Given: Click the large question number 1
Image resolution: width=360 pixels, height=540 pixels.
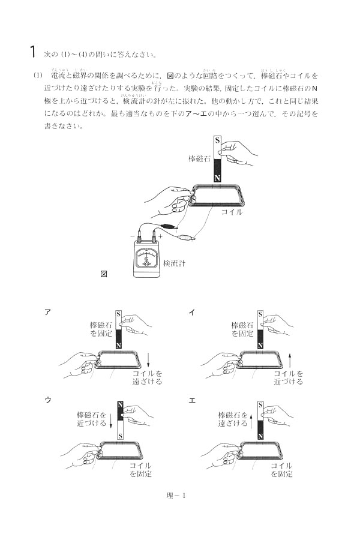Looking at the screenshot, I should tap(33, 51).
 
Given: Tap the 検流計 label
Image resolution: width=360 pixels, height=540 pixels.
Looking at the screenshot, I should tap(177, 263).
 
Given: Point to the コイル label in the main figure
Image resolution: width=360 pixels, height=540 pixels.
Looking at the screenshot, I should tap(232, 212).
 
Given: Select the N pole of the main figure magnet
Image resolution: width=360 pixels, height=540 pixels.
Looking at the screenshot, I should tap(217, 178).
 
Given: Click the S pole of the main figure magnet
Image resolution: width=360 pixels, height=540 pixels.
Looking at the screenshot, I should tap(217, 142).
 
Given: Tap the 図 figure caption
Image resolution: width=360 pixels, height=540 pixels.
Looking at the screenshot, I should tap(104, 274).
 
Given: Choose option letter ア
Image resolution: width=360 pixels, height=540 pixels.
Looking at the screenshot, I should tap(47, 311).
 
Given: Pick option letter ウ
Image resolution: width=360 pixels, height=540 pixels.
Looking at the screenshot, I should tap(47, 399).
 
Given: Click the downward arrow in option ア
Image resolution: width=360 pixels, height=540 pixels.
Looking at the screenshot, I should tap(148, 361).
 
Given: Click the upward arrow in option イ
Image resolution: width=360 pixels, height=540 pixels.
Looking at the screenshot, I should tap(290, 361).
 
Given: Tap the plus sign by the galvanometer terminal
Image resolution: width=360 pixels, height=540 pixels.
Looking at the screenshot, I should tap(160, 236).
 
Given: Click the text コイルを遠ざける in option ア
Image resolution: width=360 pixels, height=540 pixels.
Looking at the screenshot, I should tap(147, 377).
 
